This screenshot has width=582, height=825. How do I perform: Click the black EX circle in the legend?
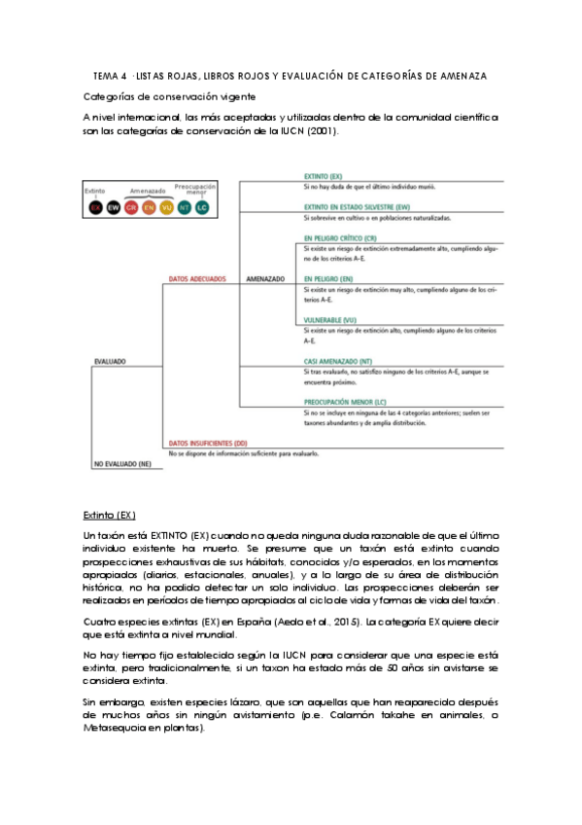[x=95, y=207]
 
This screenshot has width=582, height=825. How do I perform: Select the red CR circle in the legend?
[x=131, y=207]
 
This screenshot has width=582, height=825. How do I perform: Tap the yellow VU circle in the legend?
[x=166, y=207]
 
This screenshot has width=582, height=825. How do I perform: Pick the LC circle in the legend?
[x=202, y=207]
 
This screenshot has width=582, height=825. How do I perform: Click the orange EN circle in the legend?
[x=149, y=207]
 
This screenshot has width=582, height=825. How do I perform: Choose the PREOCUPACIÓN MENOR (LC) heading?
[x=344, y=402]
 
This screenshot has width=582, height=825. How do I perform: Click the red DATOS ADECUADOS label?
[x=197, y=278]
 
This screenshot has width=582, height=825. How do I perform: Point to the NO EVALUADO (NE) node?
[x=122, y=464]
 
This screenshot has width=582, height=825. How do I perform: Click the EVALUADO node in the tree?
[x=110, y=361]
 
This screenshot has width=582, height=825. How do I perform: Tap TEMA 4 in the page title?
[x=109, y=76]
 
